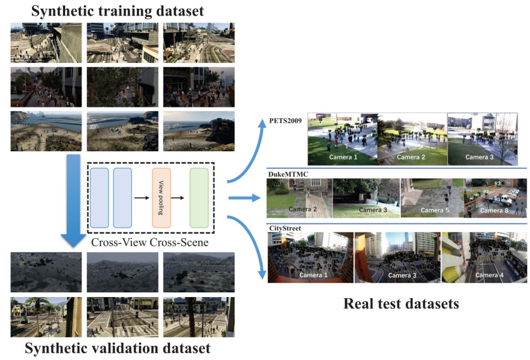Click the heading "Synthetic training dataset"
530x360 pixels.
[117, 11]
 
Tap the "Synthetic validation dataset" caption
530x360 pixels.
[117, 348]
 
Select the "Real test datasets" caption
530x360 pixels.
[401, 303]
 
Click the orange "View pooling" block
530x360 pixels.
[161, 198]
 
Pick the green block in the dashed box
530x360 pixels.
[199, 198]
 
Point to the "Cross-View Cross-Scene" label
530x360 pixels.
[150, 242]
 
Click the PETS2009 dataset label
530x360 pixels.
[285, 121]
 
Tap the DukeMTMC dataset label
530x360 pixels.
[288, 174]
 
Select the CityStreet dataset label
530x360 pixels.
[285, 228]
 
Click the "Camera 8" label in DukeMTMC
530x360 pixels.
[494, 210]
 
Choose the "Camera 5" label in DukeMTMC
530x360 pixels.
[434, 210]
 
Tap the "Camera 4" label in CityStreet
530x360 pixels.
[490, 275]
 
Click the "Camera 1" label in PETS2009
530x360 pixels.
[343, 157]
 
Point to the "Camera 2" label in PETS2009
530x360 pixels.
[411, 157]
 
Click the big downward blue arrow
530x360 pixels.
[73, 201]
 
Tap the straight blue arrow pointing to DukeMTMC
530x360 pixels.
[245, 198]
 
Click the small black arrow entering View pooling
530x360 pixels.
[142, 198]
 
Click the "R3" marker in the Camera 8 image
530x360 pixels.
[497, 183]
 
